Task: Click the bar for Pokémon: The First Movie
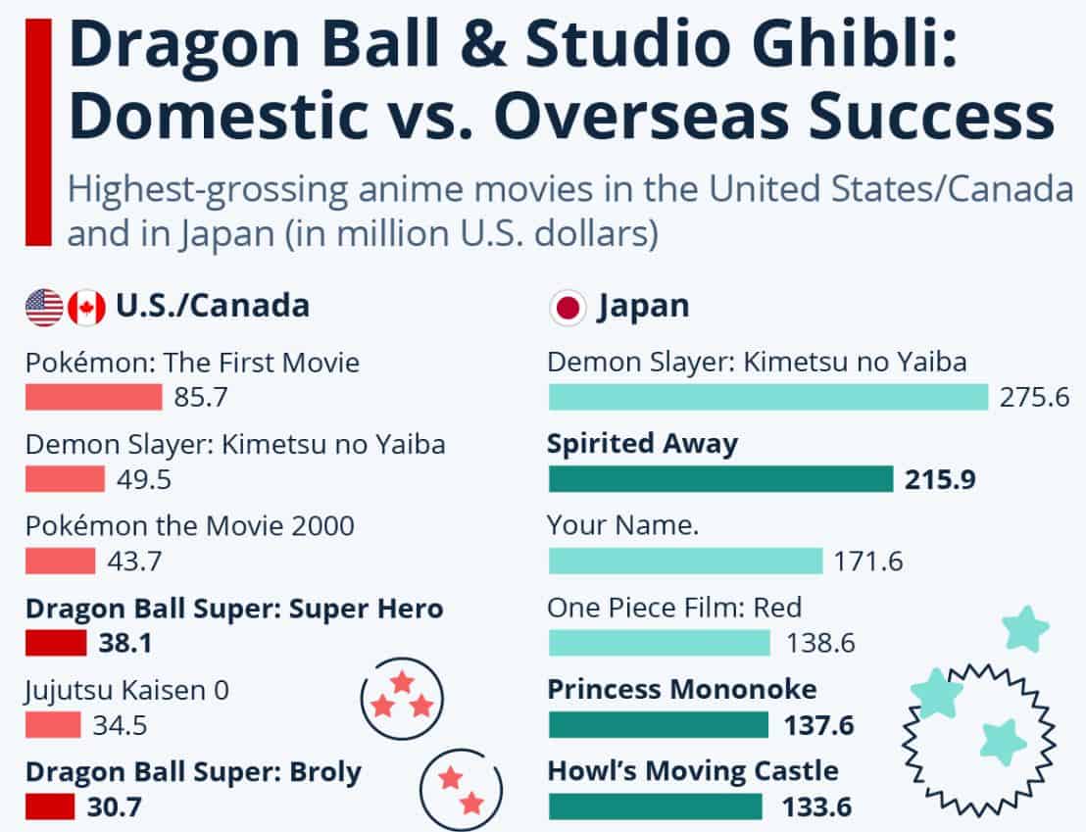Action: click(x=93, y=397)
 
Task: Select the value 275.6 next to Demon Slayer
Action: click(x=1034, y=398)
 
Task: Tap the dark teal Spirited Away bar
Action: click(x=720, y=479)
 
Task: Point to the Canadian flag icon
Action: click(x=86, y=308)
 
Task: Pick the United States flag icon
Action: click(x=44, y=308)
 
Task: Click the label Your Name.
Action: click(x=623, y=526)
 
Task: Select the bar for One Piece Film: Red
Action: click(x=660, y=643)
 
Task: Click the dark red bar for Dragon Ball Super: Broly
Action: click(x=50, y=808)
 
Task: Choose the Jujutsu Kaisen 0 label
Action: click(x=126, y=691)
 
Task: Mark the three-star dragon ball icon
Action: click(x=402, y=698)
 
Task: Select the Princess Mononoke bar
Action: click(x=659, y=725)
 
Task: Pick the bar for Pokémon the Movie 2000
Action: click(x=60, y=562)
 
